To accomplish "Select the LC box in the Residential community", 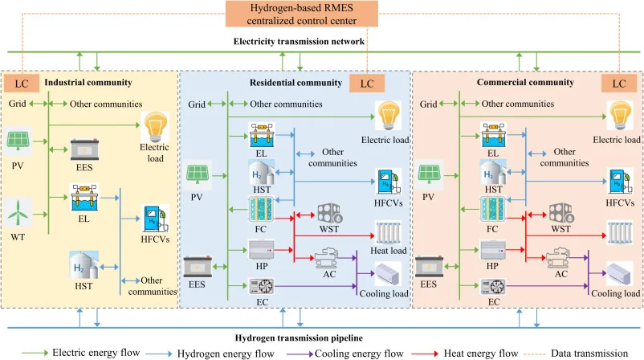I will click(x=367, y=83).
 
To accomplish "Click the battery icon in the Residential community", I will click(x=198, y=264).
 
